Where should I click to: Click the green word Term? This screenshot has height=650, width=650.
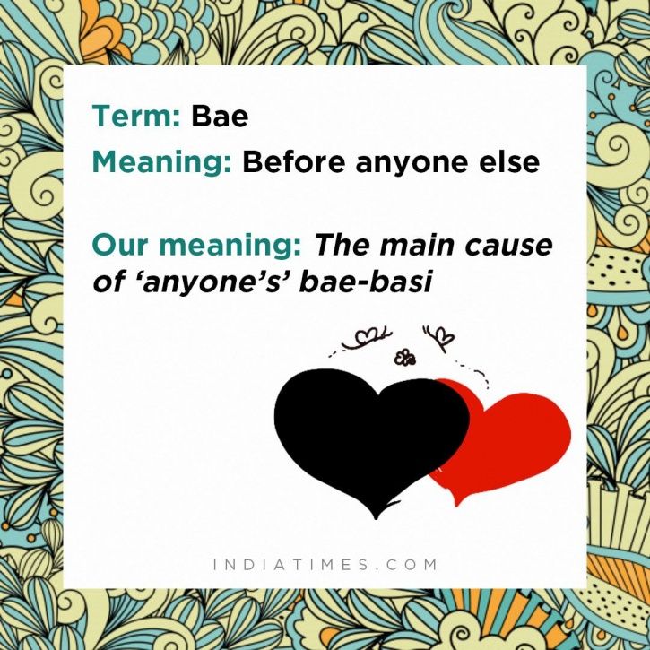(x=136, y=116)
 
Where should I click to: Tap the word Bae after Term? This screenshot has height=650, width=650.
(x=220, y=116)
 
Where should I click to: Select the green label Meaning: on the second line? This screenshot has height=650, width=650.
(x=161, y=162)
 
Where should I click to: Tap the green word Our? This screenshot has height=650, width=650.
(x=121, y=245)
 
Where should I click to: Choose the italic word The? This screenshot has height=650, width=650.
(x=342, y=245)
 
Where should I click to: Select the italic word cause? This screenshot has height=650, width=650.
(x=508, y=247)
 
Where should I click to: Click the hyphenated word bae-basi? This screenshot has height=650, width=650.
(x=366, y=281)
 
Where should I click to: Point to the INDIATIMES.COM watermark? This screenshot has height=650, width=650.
(x=325, y=564)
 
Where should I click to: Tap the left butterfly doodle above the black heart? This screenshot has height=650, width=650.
(x=365, y=338)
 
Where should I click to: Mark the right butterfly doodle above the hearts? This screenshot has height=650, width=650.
(x=439, y=338)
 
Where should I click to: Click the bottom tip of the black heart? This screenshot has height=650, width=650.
(x=376, y=518)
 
